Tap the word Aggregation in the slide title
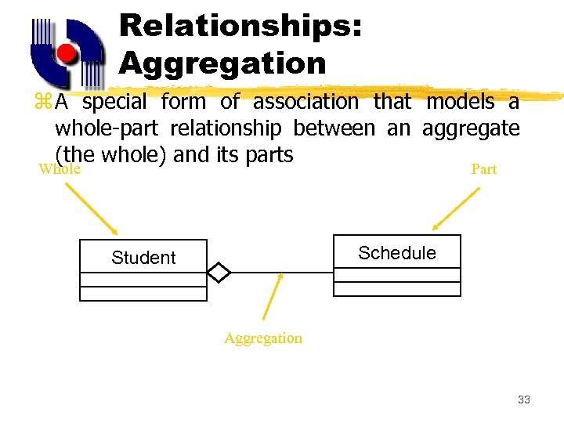(222, 63)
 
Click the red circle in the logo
(67, 54)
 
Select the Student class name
(143, 258)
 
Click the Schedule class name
(397, 253)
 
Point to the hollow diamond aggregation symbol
(219, 273)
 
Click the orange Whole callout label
(60, 168)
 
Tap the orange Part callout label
(483, 169)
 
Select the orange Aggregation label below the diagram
(262, 338)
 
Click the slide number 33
(524, 399)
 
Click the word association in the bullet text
(305, 102)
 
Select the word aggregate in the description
(471, 128)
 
